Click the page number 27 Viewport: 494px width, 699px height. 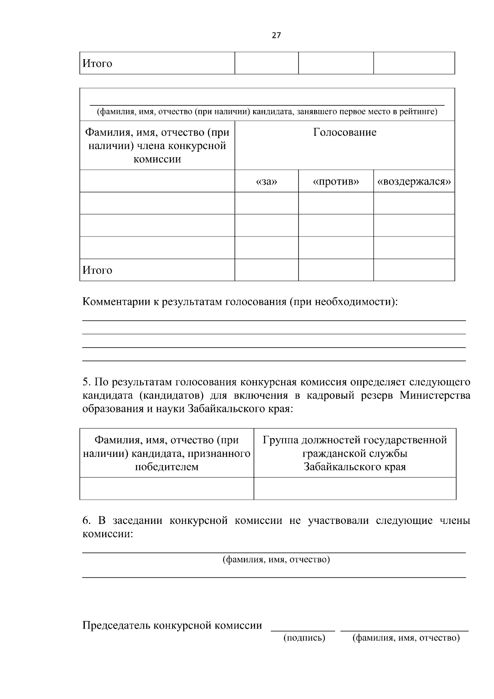(276, 35)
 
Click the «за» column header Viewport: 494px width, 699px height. (266, 182)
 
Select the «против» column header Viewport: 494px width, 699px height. (336, 182)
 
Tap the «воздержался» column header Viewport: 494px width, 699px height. (414, 182)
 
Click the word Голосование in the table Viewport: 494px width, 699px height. (345, 133)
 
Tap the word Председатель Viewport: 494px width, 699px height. (117, 626)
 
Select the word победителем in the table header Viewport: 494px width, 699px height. (166, 467)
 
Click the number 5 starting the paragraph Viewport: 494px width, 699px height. (86, 382)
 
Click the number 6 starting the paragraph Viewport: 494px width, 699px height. (86, 521)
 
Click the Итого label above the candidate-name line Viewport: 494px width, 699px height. (98, 63)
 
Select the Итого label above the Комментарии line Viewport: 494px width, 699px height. (98, 270)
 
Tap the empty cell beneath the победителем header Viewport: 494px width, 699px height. (166, 489)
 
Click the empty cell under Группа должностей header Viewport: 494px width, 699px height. (355, 489)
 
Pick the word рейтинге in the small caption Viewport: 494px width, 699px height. (421, 112)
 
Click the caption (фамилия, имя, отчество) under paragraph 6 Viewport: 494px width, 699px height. (276, 559)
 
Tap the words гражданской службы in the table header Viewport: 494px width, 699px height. (355, 454)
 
